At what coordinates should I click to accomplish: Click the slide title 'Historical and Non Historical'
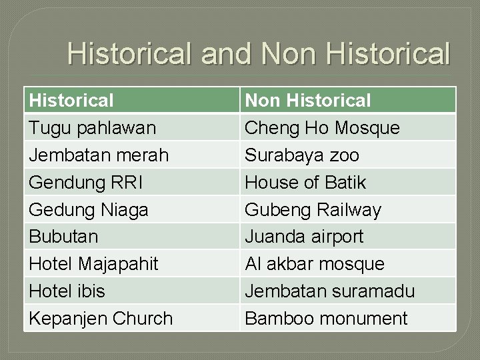[259, 54]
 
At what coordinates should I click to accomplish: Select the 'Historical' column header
[71, 101]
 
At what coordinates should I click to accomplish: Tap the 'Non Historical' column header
[308, 101]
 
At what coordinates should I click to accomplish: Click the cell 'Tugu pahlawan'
[93, 127]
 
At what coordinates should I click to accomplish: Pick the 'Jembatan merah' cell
[99, 155]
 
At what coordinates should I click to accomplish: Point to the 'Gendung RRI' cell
[85, 182]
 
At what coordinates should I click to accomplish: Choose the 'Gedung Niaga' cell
[89, 209]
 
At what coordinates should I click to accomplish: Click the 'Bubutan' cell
[63, 237]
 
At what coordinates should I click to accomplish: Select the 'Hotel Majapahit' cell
[93, 264]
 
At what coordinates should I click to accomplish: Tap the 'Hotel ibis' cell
[67, 291]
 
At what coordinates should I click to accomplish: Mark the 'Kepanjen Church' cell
[101, 319]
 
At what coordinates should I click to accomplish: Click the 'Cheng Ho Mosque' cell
[323, 127]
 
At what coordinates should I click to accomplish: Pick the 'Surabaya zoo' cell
[302, 155]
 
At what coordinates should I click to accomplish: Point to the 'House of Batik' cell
[305, 182]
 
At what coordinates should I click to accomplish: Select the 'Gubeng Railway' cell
[313, 209]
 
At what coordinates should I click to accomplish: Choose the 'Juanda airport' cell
[304, 237]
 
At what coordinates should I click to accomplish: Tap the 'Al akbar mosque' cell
[315, 264]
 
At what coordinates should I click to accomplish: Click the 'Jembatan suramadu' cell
[330, 291]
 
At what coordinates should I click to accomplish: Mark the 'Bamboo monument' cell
[326, 319]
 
